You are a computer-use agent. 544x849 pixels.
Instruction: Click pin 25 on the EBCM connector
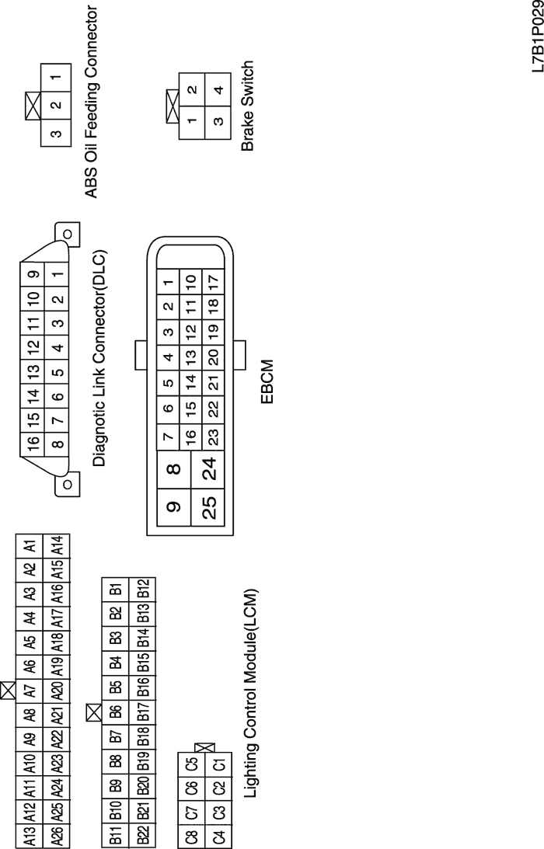click(x=210, y=507)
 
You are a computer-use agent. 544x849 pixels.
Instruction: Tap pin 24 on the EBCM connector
click(x=210, y=469)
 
